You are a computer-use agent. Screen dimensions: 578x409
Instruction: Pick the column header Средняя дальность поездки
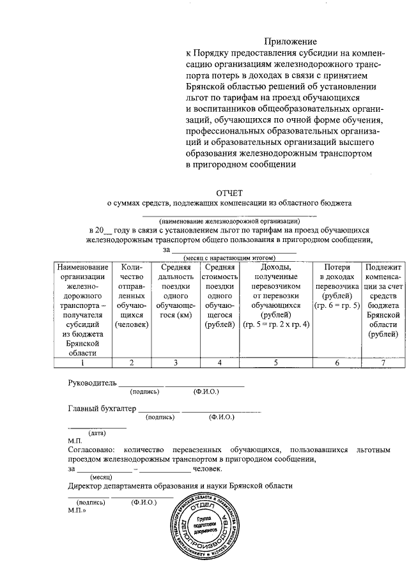(x=176, y=291)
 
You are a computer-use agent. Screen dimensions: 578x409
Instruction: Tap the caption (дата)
(x=96, y=433)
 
